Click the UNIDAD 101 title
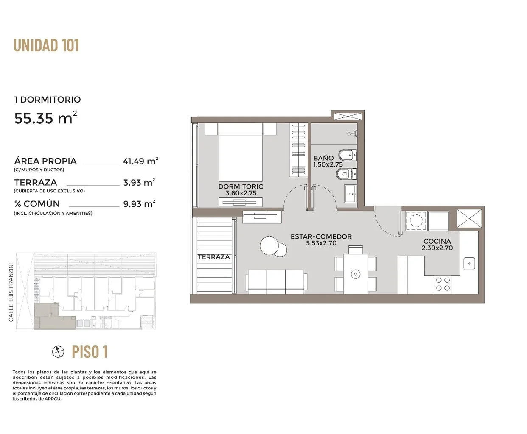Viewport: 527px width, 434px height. [46, 45]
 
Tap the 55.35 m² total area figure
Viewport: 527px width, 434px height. [45, 117]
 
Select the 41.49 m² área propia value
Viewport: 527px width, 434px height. [140, 161]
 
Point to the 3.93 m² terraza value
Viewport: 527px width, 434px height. [139, 182]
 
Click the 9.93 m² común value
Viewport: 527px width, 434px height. [139, 203]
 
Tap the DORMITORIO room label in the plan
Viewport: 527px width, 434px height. [241, 186]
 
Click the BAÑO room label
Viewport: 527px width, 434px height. [323, 158]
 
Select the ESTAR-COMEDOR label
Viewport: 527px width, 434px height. [321, 236]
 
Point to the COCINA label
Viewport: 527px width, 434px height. [437, 241]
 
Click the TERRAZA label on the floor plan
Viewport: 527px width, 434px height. [214, 257]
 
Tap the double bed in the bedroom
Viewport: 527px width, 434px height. [241, 152]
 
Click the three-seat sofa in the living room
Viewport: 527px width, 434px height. [276, 281]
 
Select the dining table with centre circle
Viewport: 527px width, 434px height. [356, 274]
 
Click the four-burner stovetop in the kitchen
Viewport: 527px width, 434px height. [443, 284]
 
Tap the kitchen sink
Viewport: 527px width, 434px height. [469, 264]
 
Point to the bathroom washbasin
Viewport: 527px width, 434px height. [351, 193]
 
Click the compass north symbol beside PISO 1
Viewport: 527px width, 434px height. [58, 351]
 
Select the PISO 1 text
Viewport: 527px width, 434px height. [90, 352]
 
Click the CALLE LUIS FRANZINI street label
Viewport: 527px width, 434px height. [11, 292]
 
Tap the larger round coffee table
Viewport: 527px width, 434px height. [269, 246]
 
